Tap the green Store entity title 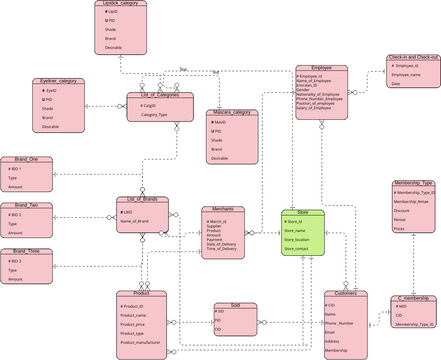coord(302,211)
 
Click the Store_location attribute coord(296,240)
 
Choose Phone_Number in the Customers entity coord(339,322)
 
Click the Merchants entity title coord(223,209)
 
